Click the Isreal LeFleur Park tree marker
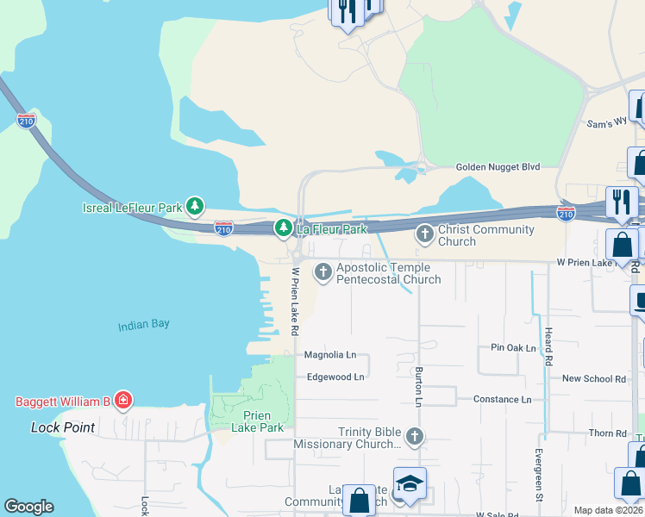tap(196, 207)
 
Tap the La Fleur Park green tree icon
tap(283, 228)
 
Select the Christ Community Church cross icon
tap(424, 234)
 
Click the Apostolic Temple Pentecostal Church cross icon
tap(323, 273)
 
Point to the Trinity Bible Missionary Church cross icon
tap(415, 437)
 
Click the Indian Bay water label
tap(144, 325)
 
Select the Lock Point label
tap(63, 427)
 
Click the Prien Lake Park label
tap(258, 421)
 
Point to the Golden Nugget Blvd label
tap(498, 166)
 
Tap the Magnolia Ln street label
tap(330, 355)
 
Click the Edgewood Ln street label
tap(335, 377)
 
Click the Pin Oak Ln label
tap(513, 348)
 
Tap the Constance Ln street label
tap(502, 399)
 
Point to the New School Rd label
tap(593, 378)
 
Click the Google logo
tap(28, 507)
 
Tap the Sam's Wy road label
tap(606, 124)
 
